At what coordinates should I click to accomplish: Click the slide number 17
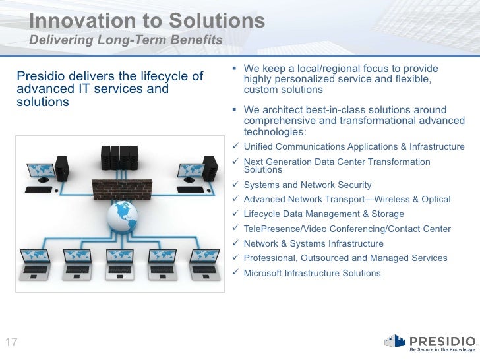(x=11, y=342)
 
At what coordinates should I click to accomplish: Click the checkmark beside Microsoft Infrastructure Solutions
(x=238, y=273)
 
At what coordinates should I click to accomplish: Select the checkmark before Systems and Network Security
(x=238, y=185)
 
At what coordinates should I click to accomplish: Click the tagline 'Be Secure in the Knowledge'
(x=441, y=349)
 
